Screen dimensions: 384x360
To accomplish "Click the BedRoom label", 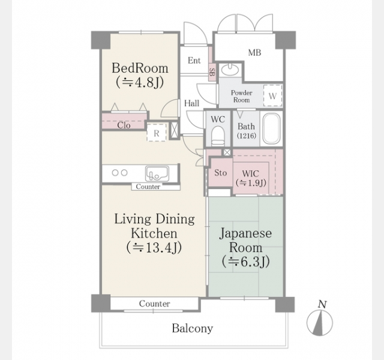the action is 140,68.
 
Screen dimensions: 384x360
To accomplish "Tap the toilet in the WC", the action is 218,136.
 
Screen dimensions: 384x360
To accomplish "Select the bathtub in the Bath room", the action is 271,128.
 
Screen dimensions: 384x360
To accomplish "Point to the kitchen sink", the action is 157,173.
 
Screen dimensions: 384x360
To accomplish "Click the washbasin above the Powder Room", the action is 230,70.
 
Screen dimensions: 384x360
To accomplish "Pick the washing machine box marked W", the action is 272,96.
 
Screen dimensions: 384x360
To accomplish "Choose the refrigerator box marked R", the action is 157,133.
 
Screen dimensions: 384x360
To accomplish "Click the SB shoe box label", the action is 212,72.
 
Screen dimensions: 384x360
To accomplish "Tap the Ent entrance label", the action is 194,61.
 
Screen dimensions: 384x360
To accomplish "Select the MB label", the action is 254,53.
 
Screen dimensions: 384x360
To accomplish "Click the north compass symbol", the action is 320,322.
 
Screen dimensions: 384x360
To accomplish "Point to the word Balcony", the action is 192,328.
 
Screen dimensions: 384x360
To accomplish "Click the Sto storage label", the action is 220,173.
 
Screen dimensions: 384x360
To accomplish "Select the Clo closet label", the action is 124,125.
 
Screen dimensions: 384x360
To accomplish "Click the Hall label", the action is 192,103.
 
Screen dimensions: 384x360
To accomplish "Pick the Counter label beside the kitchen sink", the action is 148,187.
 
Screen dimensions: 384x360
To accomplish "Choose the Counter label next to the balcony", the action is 155,304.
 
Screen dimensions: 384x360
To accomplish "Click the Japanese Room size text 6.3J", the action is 246,262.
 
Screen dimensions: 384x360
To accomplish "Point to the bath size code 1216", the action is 247,136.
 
